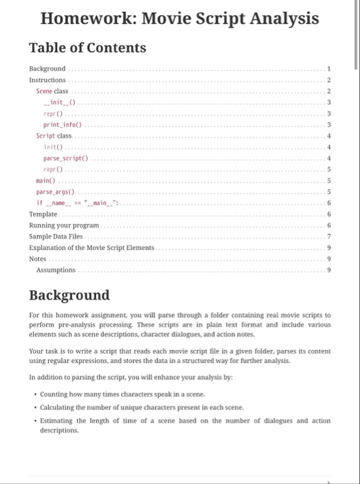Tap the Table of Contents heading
pyautogui.click(x=88, y=48)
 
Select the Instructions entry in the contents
pyautogui.click(x=48, y=80)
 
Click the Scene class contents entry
pyautogui.click(x=52, y=91)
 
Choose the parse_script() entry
pyautogui.click(x=66, y=158)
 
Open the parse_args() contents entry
pyautogui.click(x=55, y=192)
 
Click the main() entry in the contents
pyautogui.click(x=45, y=181)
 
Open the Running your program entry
pyautogui.click(x=64, y=225)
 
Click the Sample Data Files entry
pyautogui.click(x=56, y=236)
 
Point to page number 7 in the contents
pyautogui.click(x=329, y=236)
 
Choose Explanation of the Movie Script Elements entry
pyautogui.click(x=92, y=248)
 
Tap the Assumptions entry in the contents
pyautogui.click(x=56, y=270)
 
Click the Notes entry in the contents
pyautogui.click(x=38, y=258)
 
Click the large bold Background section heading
pyautogui.click(x=70, y=295)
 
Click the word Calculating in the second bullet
pyautogui.click(x=57, y=407)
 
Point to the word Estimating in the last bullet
pyautogui.click(x=56, y=420)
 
